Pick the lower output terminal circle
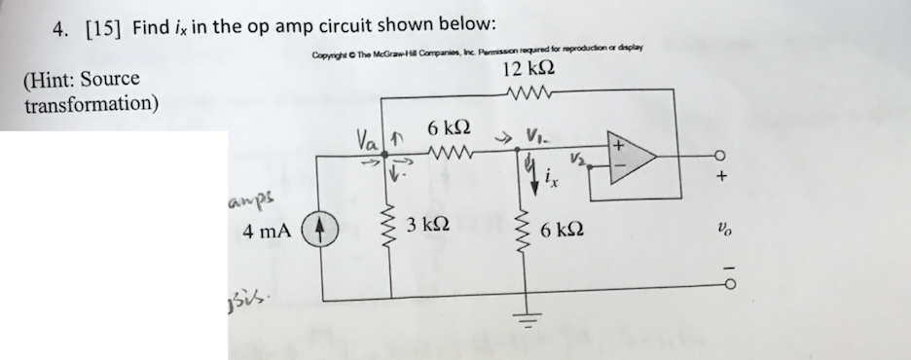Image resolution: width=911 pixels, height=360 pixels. tap(721, 282)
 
